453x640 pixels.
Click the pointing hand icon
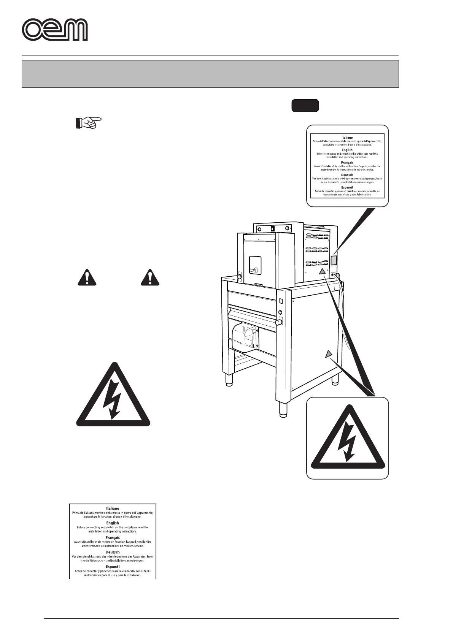pyautogui.click(x=87, y=123)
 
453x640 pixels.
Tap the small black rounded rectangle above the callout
pyautogui.click(x=305, y=106)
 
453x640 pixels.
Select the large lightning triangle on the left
pyautogui.click(x=113, y=396)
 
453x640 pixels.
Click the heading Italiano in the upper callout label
pyautogui.click(x=347, y=138)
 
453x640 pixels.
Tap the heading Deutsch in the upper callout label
pyautogui.click(x=347, y=175)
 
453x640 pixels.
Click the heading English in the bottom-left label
pyautogui.click(x=113, y=523)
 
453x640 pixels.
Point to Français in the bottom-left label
pyautogui.click(x=113, y=538)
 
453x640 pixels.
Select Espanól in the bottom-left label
pyautogui.click(x=113, y=567)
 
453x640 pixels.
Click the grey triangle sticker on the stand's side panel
pyautogui.click(x=329, y=354)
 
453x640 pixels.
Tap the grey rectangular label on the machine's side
pyautogui.click(x=334, y=260)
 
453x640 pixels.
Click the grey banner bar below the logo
pyautogui.click(x=210, y=74)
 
